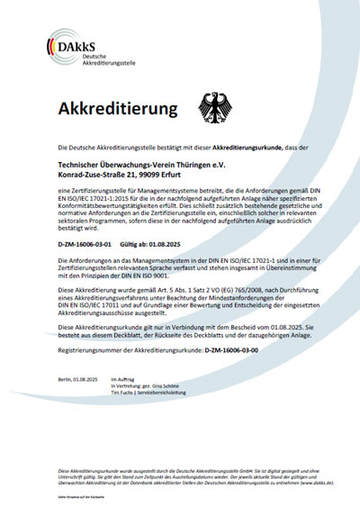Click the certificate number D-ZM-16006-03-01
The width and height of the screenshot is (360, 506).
(83, 244)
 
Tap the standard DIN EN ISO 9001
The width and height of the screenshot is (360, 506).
(150, 275)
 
